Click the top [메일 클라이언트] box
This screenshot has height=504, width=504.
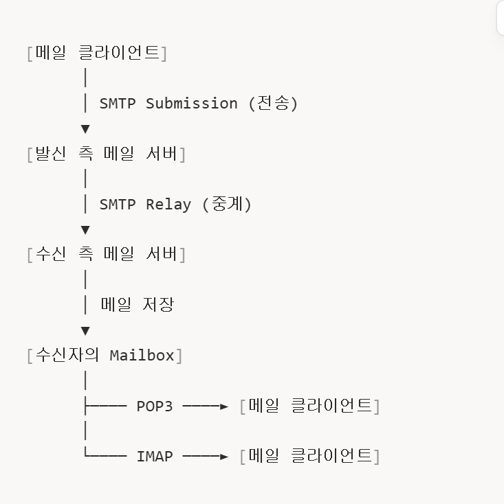(97, 53)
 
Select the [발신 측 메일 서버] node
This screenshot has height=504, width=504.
(106, 154)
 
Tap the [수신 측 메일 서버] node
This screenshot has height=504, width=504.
(106, 254)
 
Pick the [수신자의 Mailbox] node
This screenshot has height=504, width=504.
(105, 355)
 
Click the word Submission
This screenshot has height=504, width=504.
(192, 104)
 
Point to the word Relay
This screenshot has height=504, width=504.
(168, 205)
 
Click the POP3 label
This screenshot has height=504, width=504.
(155, 406)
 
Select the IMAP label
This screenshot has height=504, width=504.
(155, 457)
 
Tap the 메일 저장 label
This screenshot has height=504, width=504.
(138, 304)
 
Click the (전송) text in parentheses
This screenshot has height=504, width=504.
(273, 103)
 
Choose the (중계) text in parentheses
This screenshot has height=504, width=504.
(227, 204)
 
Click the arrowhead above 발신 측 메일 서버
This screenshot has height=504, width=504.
(85, 129)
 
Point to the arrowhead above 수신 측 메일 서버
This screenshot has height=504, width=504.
(85, 230)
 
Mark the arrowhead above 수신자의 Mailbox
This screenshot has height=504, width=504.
(85, 331)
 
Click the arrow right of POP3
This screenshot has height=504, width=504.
(206, 406)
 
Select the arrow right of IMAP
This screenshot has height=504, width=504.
(206, 457)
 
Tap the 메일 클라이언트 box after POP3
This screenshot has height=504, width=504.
(310, 406)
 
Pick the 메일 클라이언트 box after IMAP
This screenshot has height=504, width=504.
(310, 456)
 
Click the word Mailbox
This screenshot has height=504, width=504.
(142, 356)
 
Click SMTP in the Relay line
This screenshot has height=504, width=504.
(118, 205)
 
